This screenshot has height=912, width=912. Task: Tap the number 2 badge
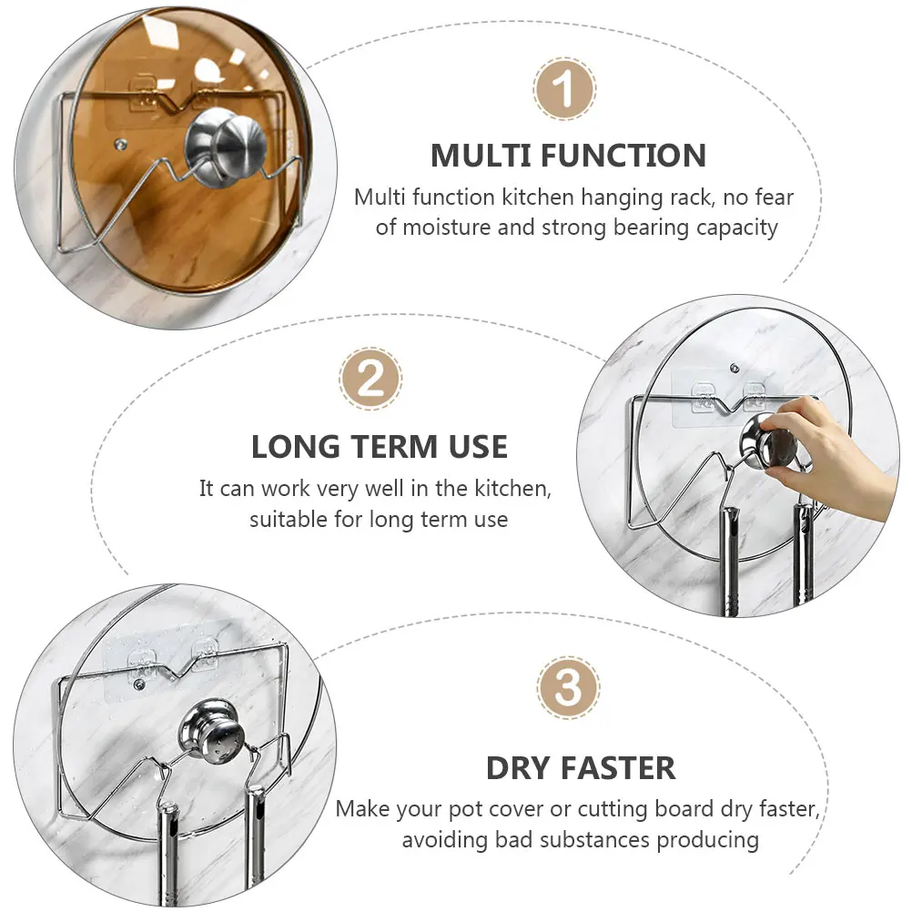tap(370, 380)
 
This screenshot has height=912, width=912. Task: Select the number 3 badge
tap(568, 689)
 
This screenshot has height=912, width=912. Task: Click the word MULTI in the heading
tap(479, 156)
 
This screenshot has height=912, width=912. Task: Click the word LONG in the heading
tap(296, 448)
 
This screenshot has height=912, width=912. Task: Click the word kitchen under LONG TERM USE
tap(510, 489)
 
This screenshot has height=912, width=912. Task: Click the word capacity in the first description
tap(736, 227)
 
